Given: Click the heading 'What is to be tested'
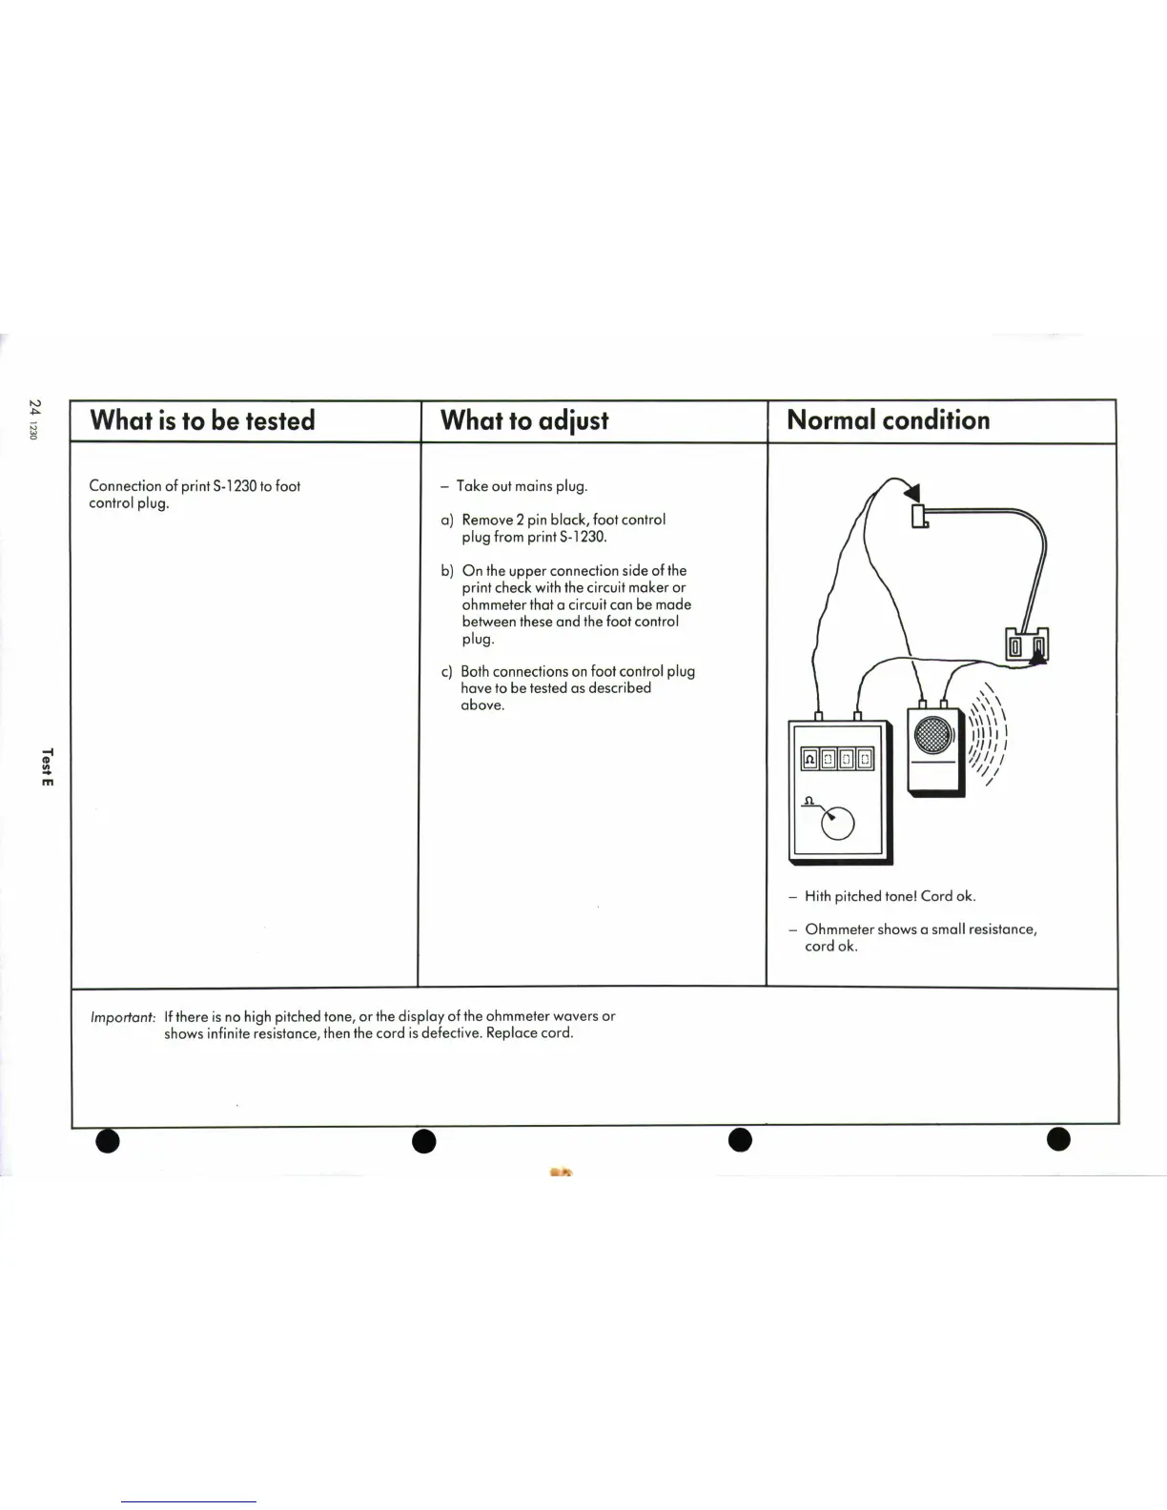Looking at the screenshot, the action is [x=202, y=420].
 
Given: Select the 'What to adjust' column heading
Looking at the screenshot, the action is [x=524, y=420].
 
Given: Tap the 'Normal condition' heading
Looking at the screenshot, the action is [x=888, y=420].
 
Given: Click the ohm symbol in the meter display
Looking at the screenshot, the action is [x=809, y=760].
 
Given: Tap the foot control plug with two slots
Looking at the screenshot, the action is [x=1028, y=646].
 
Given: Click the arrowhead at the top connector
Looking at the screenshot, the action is [x=913, y=492].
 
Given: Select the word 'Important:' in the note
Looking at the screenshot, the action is [x=123, y=1017].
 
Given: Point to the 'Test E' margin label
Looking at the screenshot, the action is [x=48, y=766].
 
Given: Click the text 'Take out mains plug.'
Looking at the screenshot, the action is [x=522, y=486].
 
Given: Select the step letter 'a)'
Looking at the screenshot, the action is [x=447, y=520].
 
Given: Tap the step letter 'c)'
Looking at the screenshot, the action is [x=446, y=671].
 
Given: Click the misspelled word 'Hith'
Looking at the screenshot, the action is [x=817, y=896].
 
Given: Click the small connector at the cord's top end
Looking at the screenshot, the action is [x=920, y=516].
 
